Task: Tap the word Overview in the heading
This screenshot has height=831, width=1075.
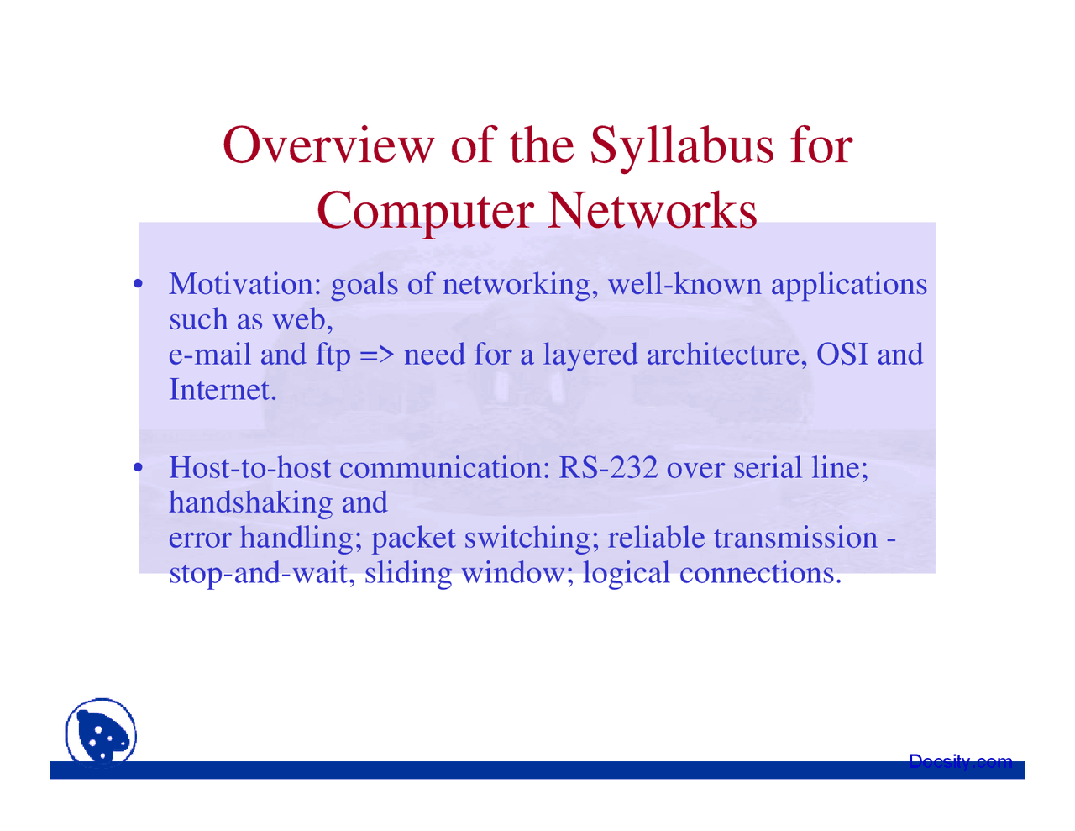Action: (x=328, y=145)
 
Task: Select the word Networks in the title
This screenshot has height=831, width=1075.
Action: (x=652, y=210)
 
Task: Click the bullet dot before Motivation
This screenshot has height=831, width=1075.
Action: (x=138, y=284)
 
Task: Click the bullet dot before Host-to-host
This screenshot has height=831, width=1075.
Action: (x=138, y=466)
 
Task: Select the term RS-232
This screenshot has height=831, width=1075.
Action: (x=608, y=467)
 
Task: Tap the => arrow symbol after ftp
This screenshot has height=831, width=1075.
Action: (x=377, y=355)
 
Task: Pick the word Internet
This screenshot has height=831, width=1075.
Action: (x=223, y=390)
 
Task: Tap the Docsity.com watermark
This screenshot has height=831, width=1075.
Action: (x=960, y=761)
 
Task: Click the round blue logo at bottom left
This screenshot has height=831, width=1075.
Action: (x=101, y=733)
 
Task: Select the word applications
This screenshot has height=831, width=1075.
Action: (x=849, y=286)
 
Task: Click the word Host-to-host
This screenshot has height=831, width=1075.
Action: (x=249, y=467)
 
